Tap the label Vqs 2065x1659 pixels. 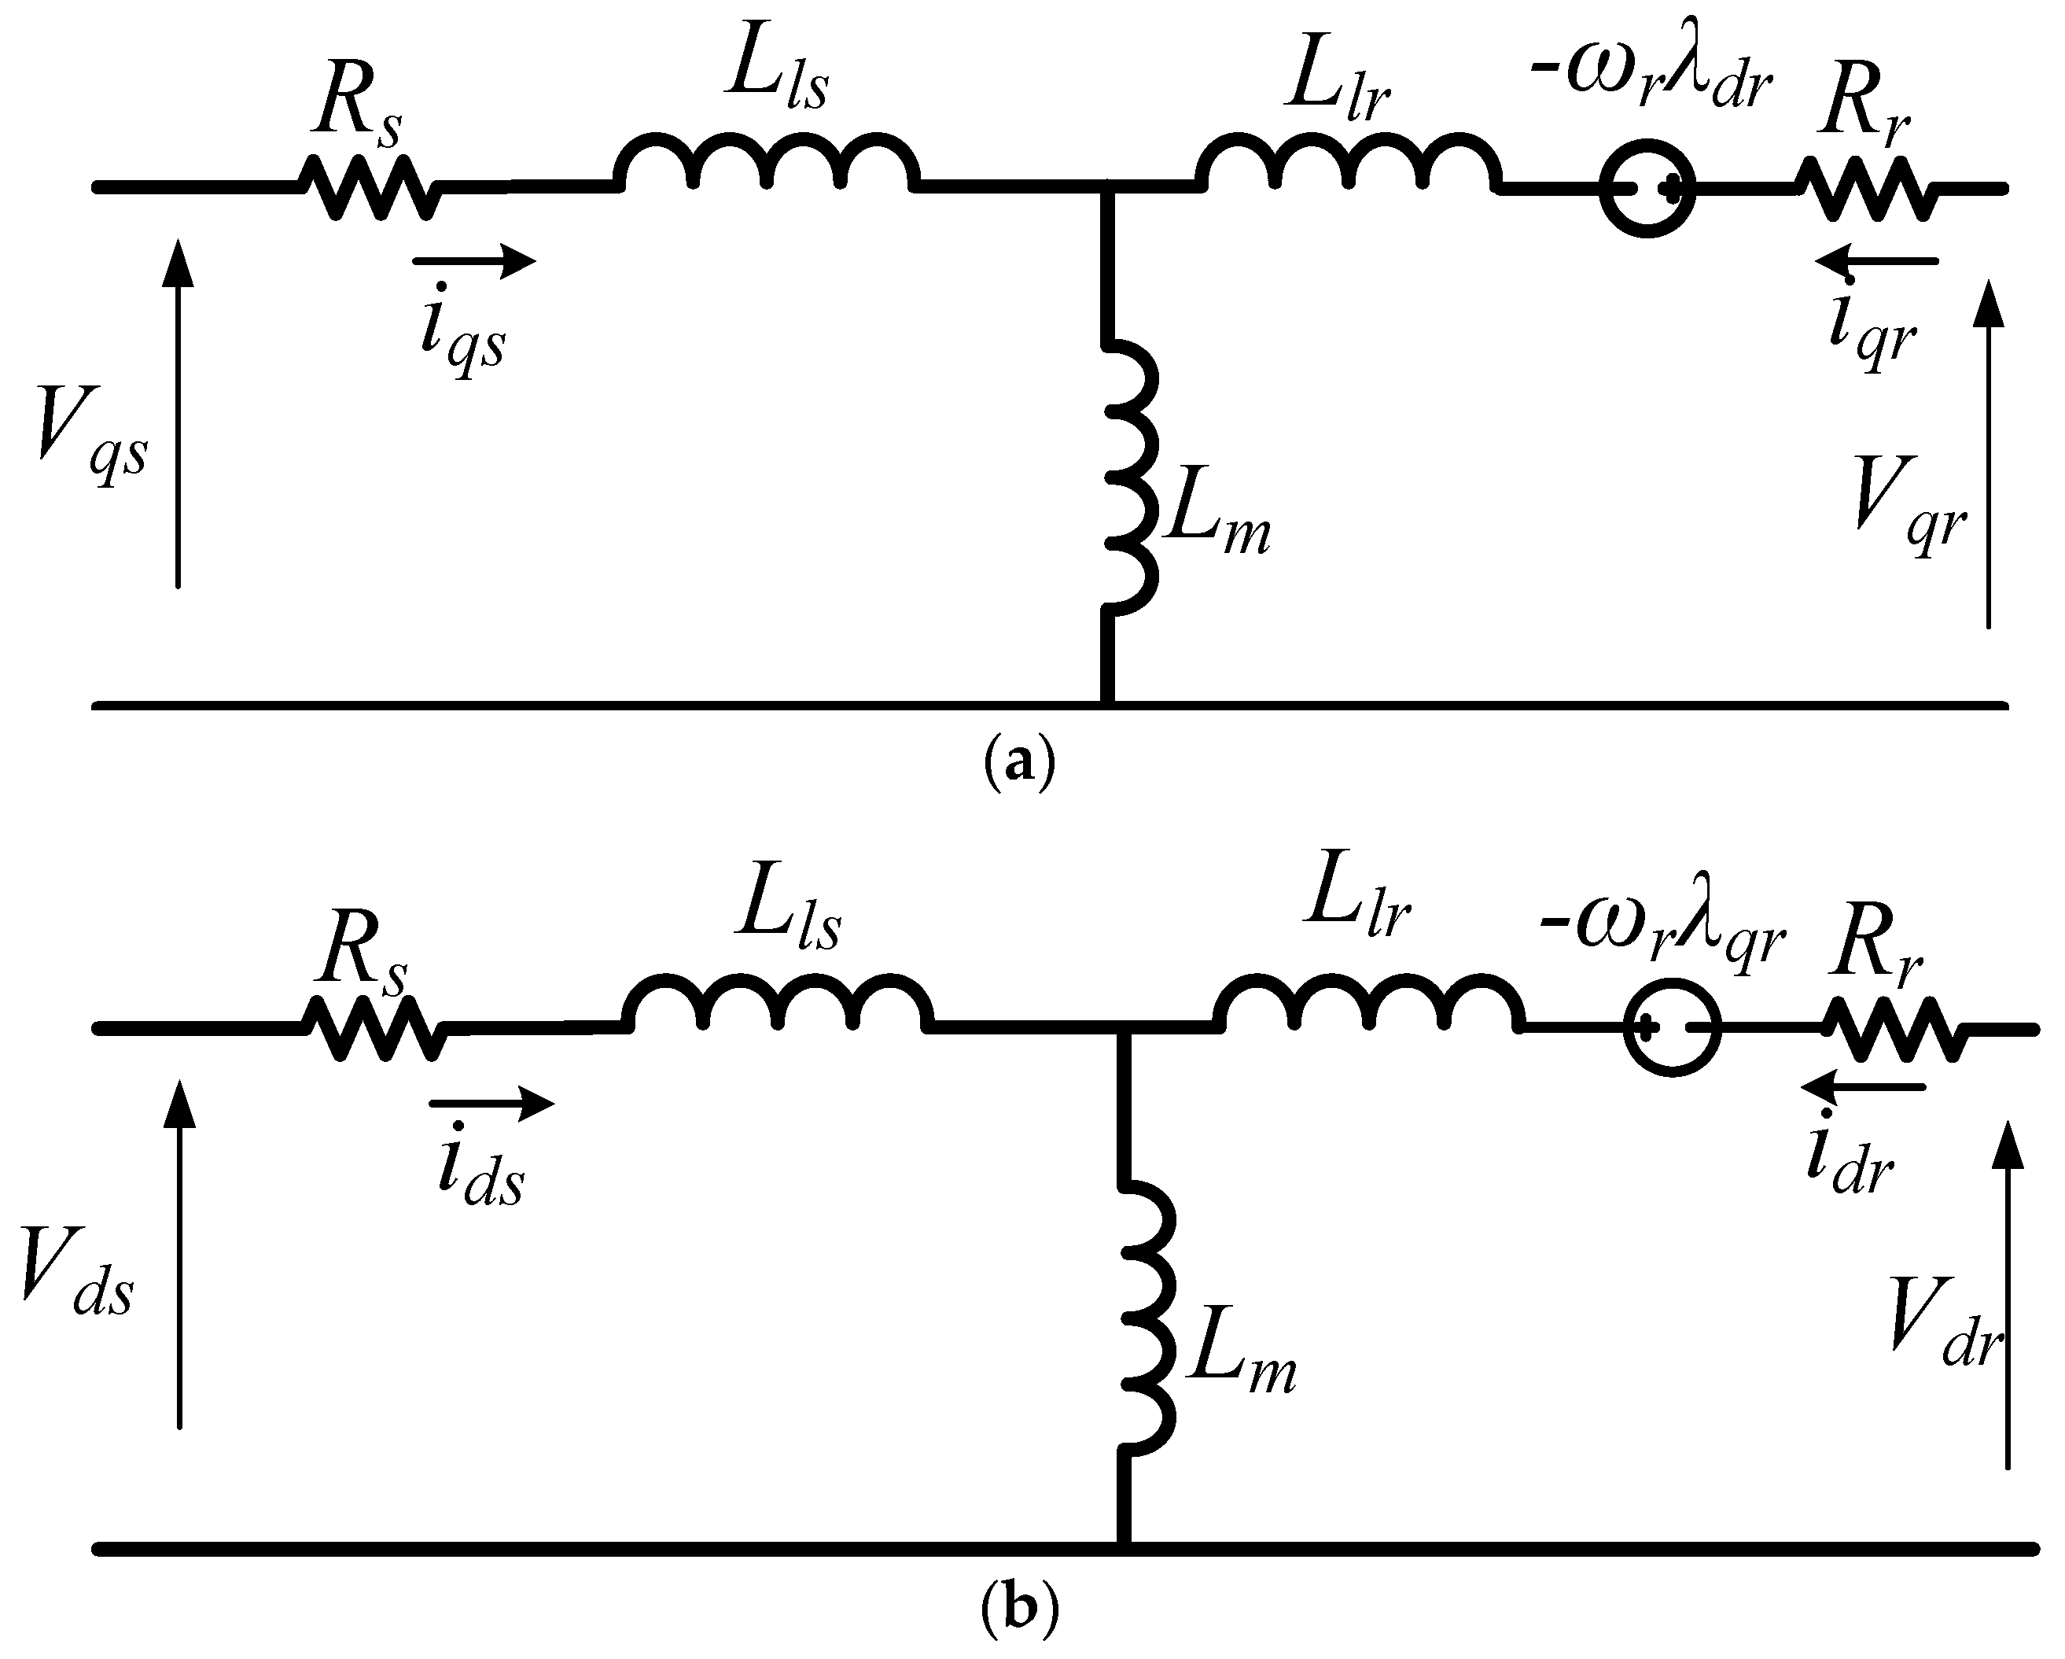[91, 436]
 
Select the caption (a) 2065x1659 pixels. [1019, 763]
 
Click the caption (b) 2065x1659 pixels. [1019, 1607]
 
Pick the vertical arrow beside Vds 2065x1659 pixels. [179, 1255]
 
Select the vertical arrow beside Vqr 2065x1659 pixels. [1989, 455]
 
